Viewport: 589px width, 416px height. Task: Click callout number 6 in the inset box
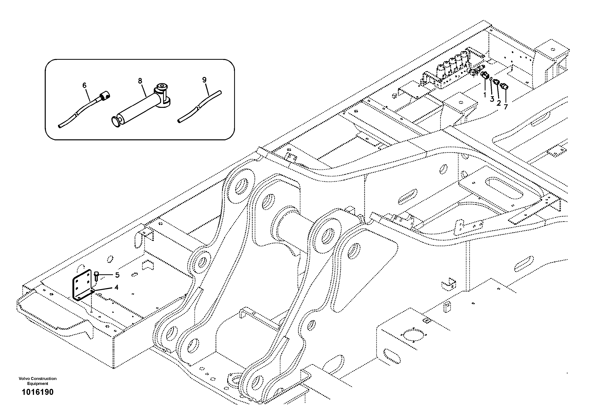[x=84, y=85]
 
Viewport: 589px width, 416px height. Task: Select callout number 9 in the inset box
[x=204, y=80]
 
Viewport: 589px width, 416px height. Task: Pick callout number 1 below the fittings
[x=484, y=95]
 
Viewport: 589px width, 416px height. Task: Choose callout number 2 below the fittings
[x=498, y=103]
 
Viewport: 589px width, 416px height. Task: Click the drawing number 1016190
[x=38, y=392]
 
